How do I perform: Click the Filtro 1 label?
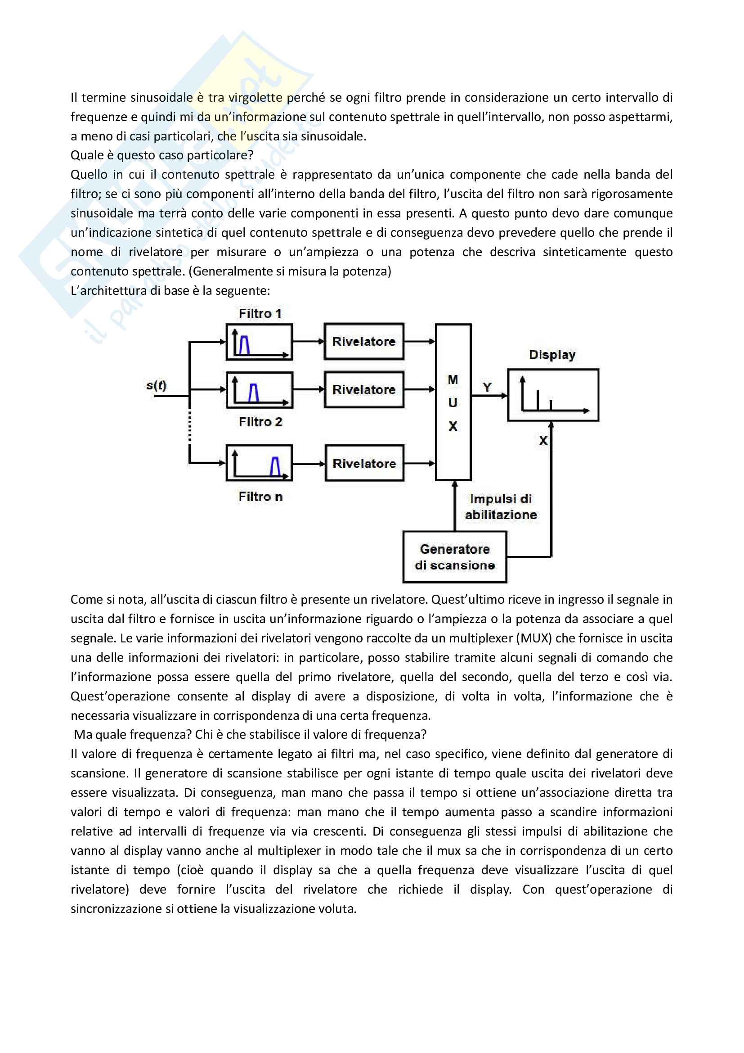(260, 314)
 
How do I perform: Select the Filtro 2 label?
(260, 422)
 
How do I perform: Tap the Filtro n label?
(260, 497)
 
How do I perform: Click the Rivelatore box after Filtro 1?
(364, 342)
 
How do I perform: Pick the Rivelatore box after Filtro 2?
(364, 390)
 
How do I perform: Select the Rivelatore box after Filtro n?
(364, 464)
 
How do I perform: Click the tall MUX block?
(453, 402)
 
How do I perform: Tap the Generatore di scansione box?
(454, 557)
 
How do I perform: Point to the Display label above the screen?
(552, 354)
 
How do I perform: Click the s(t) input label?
(156, 385)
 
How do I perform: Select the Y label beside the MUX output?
(487, 388)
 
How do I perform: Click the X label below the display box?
(543, 441)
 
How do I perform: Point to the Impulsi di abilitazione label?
(501, 507)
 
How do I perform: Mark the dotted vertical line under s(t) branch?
(189, 426)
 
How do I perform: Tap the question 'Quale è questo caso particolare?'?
(162, 155)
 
